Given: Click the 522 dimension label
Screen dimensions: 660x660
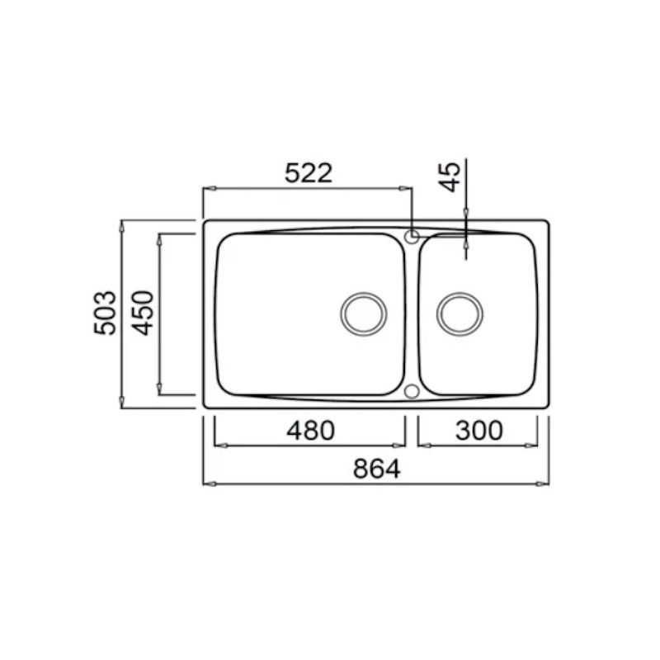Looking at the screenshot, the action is pos(309,172).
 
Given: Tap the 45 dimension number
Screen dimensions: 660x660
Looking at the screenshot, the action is pos(450,177).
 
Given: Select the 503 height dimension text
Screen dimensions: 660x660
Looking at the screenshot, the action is pos(105,313).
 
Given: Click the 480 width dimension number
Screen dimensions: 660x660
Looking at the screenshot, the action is pos(311,430).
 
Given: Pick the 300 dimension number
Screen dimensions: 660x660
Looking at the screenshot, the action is pos(479,430).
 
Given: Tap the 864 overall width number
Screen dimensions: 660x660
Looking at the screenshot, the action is pos(377,469).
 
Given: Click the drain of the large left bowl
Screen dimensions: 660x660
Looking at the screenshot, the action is pos(364,314).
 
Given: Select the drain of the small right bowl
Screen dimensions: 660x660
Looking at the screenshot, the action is pos(460,314).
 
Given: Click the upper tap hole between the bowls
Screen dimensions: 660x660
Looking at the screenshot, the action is pos(412,237).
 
